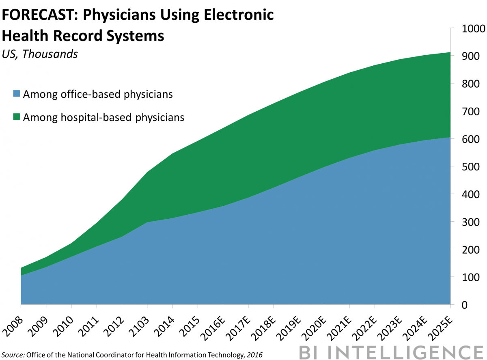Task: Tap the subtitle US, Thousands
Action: coord(40,54)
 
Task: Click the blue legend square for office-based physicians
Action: coord(16,95)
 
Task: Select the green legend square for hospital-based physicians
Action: coord(16,118)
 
